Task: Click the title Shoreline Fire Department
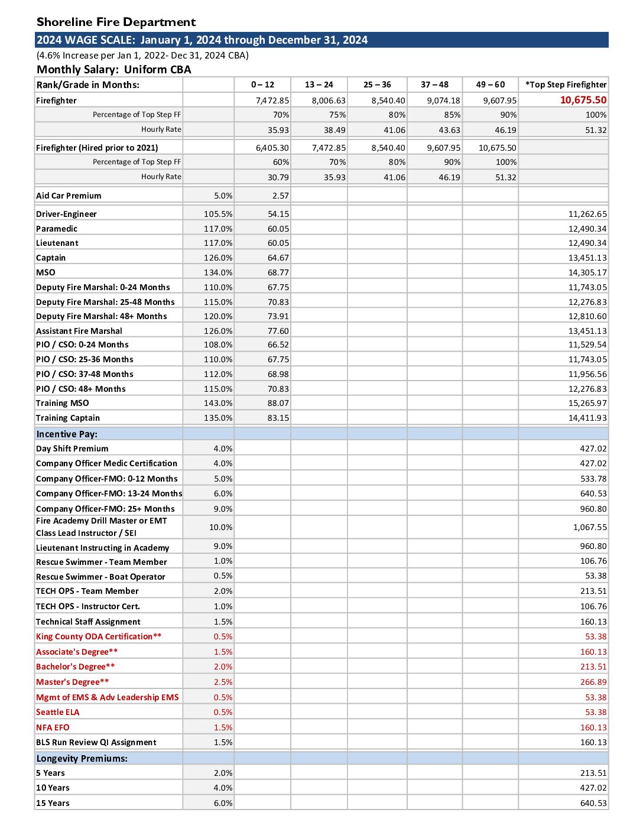116,22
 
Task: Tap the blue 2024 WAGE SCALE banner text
202,40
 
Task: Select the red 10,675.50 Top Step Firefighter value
583,100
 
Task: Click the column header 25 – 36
377,84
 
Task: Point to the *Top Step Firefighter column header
566,84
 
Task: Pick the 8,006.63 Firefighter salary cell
329,100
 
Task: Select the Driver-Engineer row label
66,214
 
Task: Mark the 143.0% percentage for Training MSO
218,403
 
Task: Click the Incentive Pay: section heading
67,434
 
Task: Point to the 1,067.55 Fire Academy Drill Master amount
590,527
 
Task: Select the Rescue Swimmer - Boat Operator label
100,577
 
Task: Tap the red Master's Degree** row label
72,682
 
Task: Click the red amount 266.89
593,682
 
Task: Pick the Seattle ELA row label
57,712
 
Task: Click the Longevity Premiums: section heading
82,758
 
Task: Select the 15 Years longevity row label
53,803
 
